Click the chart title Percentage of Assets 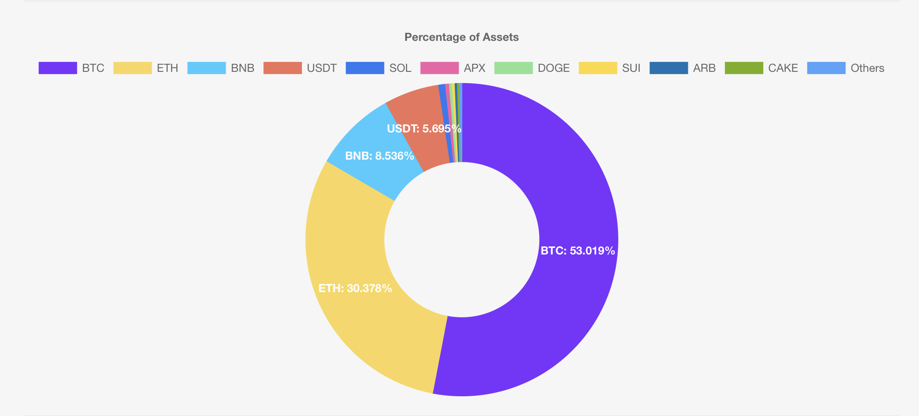point(461,37)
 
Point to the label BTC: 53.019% point(578,251)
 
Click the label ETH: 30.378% point(355,288)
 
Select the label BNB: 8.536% point(379,156)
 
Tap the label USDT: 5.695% point(424,129)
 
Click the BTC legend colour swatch point(58,68)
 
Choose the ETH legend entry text point(167,68)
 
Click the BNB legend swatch point(206,68)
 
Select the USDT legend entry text point(322,68)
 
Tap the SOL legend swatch point(365,68)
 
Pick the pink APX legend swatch point(439,68)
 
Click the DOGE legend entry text point(553,68)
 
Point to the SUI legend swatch point(598,68)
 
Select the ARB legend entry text point(704,68)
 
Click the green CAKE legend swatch point(744,68)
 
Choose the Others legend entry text point(867,68)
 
